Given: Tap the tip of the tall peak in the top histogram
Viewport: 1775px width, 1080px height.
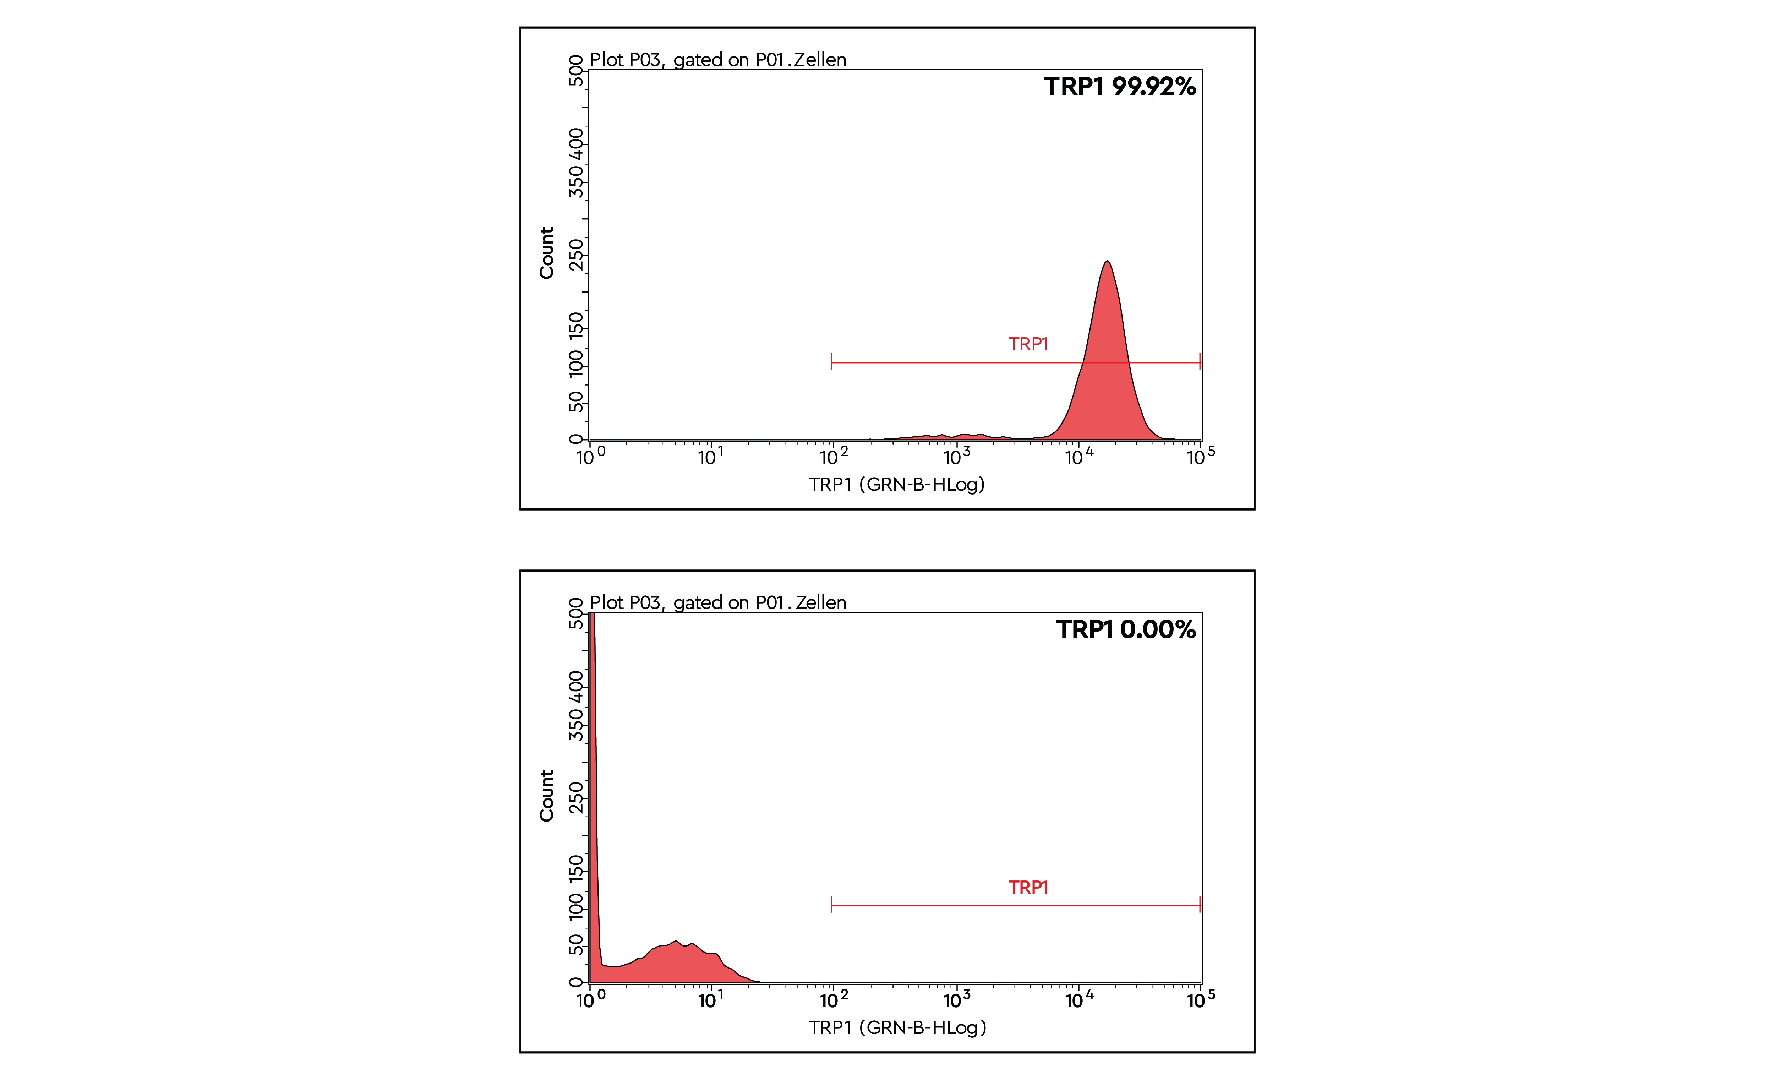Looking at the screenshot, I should tap(1107, 262).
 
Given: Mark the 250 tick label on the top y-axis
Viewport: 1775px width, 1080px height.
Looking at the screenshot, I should tap(576, 254).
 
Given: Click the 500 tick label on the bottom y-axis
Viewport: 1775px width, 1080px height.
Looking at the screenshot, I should tap(576, 614).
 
